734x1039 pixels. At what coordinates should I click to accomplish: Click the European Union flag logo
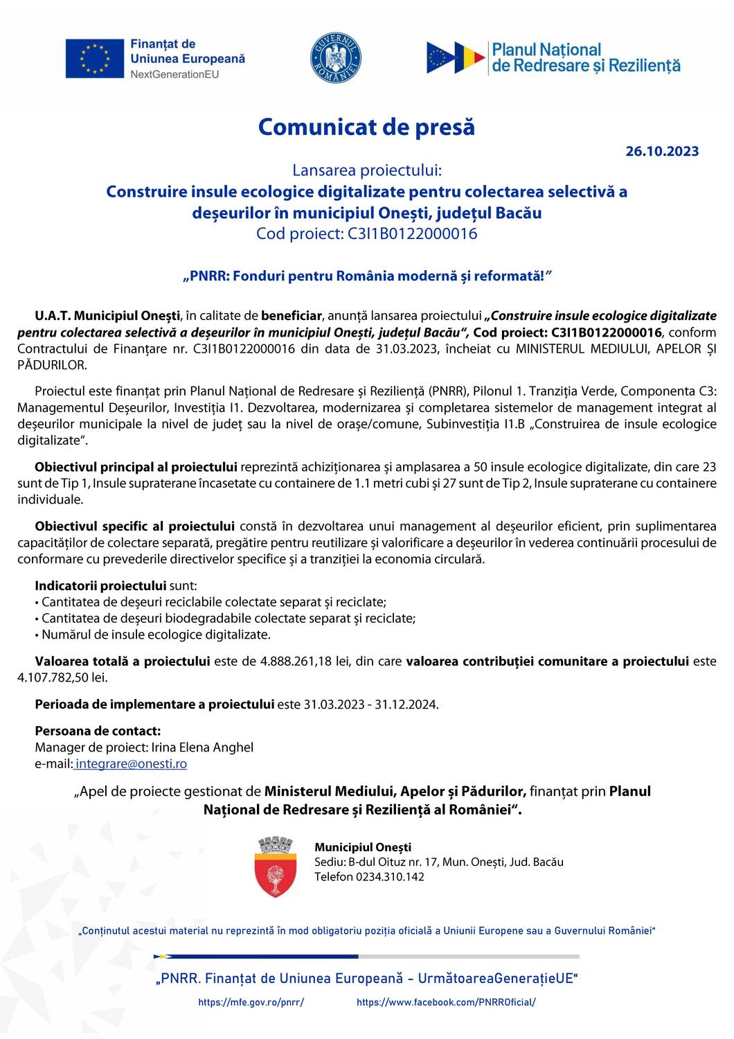tap(94, 58)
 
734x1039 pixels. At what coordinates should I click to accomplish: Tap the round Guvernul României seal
tap(336, 58)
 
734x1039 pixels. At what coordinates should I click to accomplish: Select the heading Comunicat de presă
tap(366, 127)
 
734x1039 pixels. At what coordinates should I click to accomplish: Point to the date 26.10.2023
tap(662, 151)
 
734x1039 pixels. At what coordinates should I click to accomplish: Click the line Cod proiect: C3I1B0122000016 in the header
tap(366, 233)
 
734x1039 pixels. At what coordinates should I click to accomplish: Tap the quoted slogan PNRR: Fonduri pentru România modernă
tap(366, 276)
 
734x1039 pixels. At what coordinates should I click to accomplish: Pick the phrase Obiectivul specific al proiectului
tap(135, 526)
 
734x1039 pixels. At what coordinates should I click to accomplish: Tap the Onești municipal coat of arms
tap(276, 867)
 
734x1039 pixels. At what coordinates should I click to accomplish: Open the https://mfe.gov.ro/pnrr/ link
tap(251, 1002)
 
